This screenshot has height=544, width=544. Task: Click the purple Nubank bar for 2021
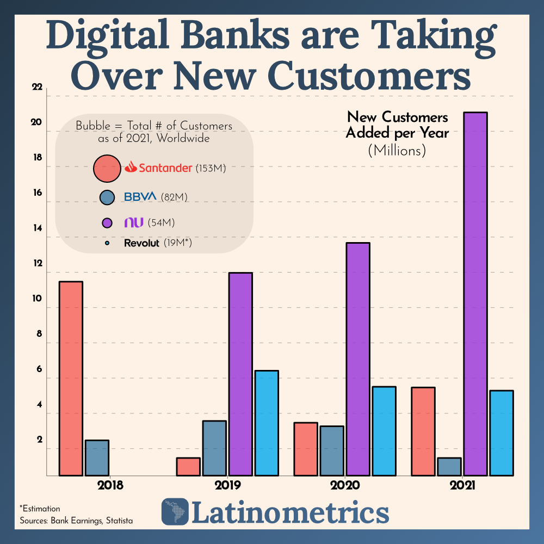[x=475, y=294]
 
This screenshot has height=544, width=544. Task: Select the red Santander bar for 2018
[x=71, y=378]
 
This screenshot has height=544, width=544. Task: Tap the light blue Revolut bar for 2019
[x=267, y=423]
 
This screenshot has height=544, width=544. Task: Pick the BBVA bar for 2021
[x=449, y=466]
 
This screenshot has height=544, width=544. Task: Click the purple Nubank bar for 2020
[x=357, y=359]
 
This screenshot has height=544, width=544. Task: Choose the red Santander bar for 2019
[x=188, y=466]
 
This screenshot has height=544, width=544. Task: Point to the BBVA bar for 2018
[x=97, y=458]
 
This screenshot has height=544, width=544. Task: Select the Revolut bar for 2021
[x=502, y=432]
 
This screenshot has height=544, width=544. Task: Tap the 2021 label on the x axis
[x=462, y=485]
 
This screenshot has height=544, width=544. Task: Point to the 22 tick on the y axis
[x=36, y=88]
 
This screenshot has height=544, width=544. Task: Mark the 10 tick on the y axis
[x=36, y=299]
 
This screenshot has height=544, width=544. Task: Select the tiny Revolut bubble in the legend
[x=107, y=243]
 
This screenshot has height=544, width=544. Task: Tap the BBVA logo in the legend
[x=140, y=196]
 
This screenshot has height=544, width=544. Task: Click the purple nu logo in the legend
[x=133, y=222]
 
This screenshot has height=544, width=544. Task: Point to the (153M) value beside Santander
[x=211, y=169]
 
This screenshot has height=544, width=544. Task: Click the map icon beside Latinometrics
[x=175, y=511]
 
